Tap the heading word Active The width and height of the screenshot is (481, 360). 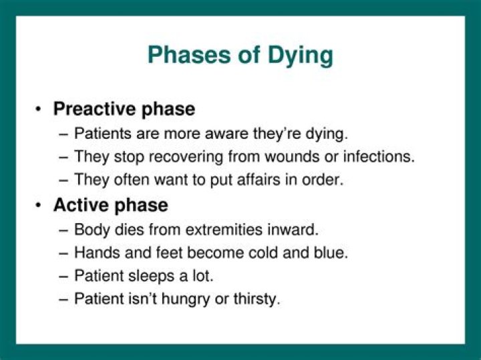84,204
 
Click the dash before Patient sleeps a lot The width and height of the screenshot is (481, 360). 63,276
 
